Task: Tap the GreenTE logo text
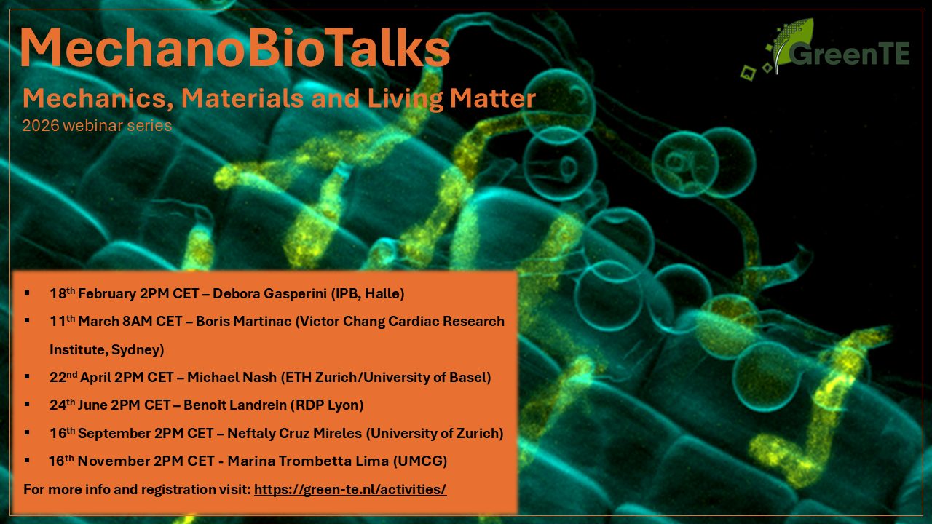coord(848,53)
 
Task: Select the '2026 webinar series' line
coord(97,125)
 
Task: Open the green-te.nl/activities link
coord(350,489)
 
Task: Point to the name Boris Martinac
coord(243,322)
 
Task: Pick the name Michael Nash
coord(232,377)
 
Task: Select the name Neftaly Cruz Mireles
coord(295,433)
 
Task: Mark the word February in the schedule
coord(107,293)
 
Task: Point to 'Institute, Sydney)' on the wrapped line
coord(107,350)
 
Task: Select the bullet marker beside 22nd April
coord(28,377)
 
